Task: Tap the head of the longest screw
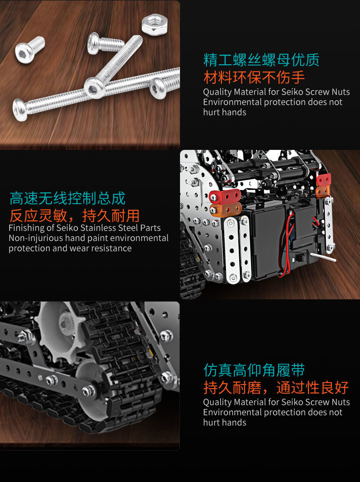21,109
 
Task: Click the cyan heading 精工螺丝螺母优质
261,60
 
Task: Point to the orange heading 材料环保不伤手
254,77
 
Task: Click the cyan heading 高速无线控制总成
67,198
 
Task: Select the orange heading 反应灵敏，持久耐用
74,215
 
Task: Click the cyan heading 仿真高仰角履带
254,370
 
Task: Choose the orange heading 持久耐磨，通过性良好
276,387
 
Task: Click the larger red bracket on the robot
225,197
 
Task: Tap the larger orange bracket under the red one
226,210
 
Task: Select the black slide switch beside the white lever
301,258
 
